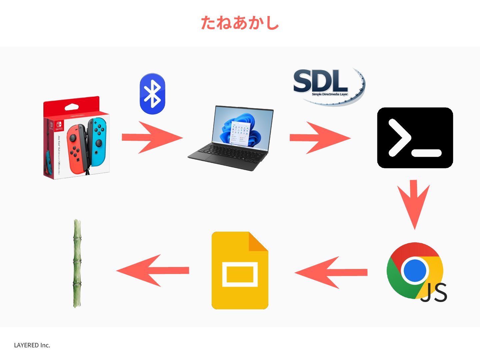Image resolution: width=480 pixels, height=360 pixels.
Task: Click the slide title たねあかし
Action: click(x=240, y=23)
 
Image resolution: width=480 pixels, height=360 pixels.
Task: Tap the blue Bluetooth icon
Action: click(x=152, y=94)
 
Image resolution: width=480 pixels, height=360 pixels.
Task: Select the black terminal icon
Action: click(x=415, y=138)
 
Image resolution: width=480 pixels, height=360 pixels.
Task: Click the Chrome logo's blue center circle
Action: click(x=415, y=270)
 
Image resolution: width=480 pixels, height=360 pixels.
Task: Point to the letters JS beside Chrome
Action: click(x=434, y=293)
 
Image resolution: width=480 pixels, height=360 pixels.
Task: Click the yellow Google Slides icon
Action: click(x=240, y=270)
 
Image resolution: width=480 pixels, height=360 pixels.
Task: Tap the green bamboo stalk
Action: click(x=77, y=263)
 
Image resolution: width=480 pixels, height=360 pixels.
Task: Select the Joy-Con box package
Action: click(x=77, y=138)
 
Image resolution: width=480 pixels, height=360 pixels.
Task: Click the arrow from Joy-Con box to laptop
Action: click(x=152, y=137)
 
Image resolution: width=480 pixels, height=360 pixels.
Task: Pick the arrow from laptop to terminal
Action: click(x=320, y=138)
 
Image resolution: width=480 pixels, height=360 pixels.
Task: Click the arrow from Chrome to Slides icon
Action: click(x=331, y=272)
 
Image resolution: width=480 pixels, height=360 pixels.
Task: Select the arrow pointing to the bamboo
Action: click(x=153, y=271)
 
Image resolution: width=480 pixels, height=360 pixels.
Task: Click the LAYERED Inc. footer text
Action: click(x=32, y=345)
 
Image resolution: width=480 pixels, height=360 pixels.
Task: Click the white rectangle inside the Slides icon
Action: click(x=240, y=274)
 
